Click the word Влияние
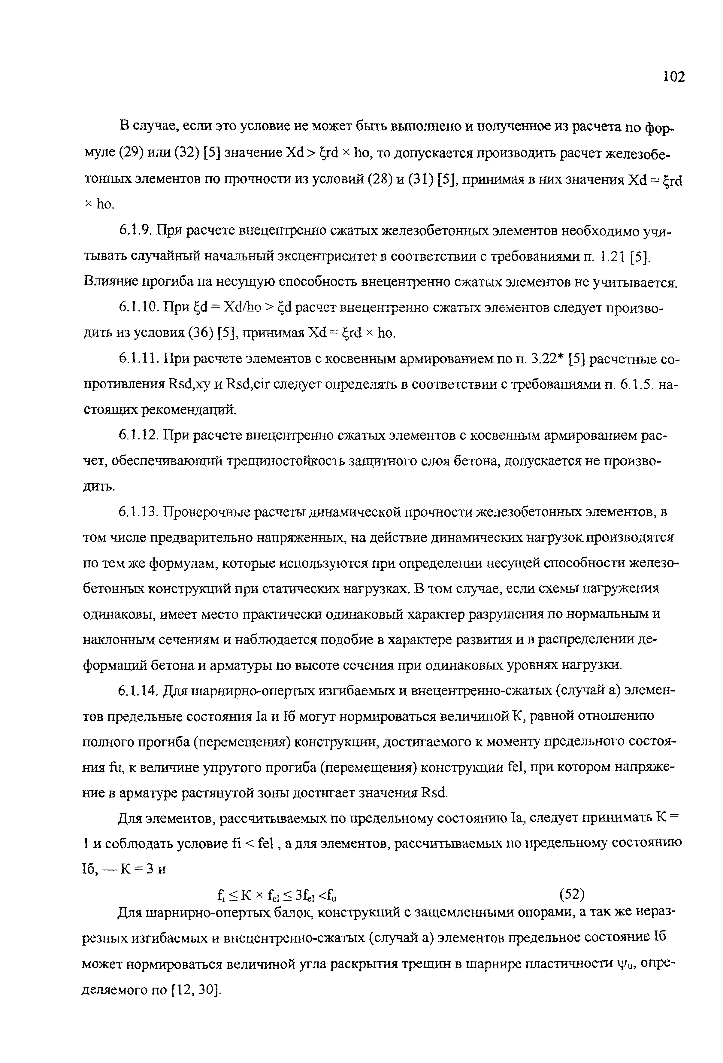[110, 282]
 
